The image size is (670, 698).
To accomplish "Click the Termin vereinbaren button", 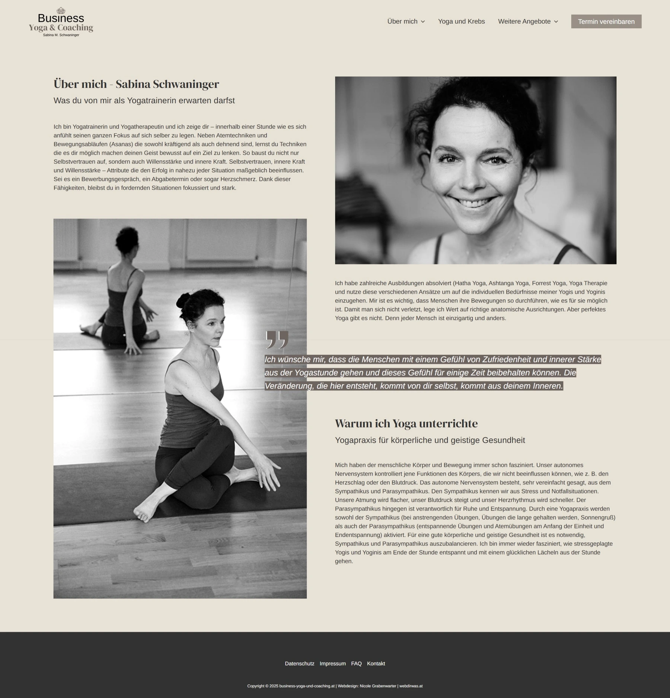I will (606, 22).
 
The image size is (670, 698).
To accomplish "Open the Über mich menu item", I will (402, 22).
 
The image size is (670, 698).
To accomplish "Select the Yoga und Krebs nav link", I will (461, 22).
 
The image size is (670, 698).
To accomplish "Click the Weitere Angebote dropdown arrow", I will (556, 22).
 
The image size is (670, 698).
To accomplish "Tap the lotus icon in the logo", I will (61, 10).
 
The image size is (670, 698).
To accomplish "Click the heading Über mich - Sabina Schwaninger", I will (136, 84).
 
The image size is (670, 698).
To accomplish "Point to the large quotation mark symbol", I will (277, 339).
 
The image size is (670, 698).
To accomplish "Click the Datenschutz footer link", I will (299, 663).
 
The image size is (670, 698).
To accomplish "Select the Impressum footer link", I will (332, 663).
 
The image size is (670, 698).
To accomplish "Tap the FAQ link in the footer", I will (356, 663).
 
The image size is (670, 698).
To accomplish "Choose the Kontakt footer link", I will (376, 663).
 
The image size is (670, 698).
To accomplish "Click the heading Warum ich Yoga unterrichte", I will (406, 424).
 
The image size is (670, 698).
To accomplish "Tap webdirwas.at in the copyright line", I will (411, 686).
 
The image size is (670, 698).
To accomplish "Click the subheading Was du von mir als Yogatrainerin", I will (144, 101).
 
